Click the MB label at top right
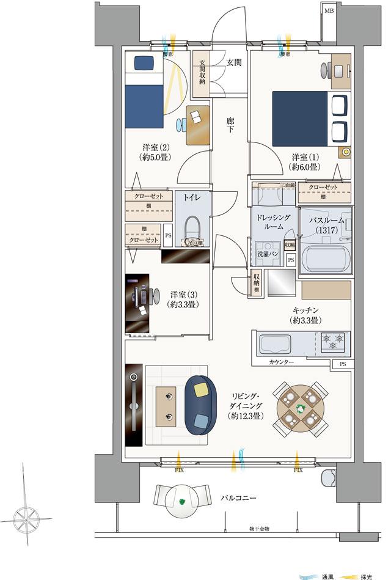(329, 11)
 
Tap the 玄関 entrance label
(233, 62)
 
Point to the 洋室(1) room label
(305, 161)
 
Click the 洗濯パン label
(267, 253)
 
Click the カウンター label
(281, 362)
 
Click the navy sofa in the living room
(200, 405)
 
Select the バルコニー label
(238, 498)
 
